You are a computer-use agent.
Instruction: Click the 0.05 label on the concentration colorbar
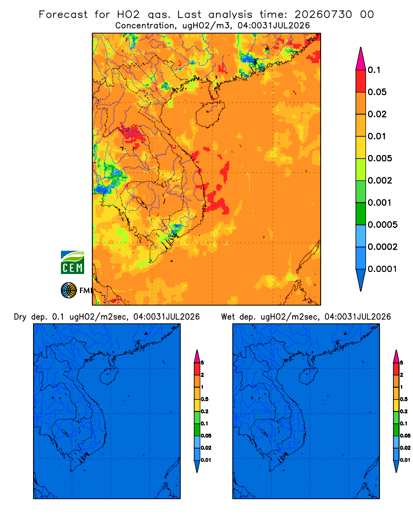pyautogui.click(x=377, y=92)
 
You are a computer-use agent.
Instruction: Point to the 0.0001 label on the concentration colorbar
pyautogui.click(x=383, y=269)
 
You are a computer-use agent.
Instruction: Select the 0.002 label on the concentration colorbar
pyautogui.click(x=380, y=180)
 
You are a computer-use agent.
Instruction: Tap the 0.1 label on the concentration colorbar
pyautogui.click(x=374, y=70)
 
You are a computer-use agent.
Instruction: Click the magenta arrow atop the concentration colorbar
pyautogui.click(x=361, y=59)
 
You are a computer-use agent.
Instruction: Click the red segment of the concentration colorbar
pyautogui.click(x=361, y=81)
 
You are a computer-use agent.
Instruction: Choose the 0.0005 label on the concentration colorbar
pyautogui.click(x=383, y=225)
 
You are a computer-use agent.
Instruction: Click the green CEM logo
pyautogui.click(x=72, y=263)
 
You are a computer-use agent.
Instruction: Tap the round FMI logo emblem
pyautogui.click(x=69, y=290)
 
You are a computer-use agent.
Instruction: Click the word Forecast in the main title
pyautogui.click(x=63, y=14)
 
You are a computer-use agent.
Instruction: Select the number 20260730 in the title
pyautogui.click(x=323, y=14)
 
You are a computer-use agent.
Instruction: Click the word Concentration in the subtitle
pyautogui.click(x=145, y=25)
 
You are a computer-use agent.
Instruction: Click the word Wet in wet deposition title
pyautogui.click(x=228, y=317)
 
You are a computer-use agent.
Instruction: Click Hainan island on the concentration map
pyautogui.click(x=210, y=114)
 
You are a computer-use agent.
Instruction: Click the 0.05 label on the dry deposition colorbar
pyautogui.click(x=206, y=435)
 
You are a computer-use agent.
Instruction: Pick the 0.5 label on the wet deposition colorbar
pyautogui.click(x=404, y=399)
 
